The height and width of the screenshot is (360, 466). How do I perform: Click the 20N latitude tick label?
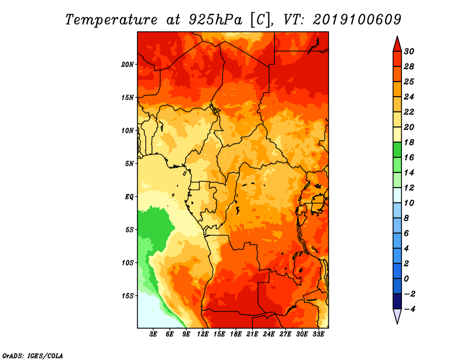click(128, 65)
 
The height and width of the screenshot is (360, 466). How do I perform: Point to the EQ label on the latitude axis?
click(129, 197)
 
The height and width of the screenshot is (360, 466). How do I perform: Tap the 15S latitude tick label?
click(128, 296)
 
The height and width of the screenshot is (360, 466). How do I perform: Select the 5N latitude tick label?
click(129, 164)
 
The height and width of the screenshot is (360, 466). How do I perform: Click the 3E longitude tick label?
click(153, 334)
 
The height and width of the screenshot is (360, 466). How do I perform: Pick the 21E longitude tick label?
click(252, 334)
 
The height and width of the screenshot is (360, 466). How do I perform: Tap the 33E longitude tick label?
click(318, 334)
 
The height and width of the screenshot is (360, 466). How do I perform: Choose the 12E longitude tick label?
click(203, 334)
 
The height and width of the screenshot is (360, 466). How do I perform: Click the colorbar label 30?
click(409, 51)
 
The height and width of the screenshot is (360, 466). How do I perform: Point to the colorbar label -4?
click(409, 309)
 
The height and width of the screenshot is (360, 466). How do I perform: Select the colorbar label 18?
click(409, 142)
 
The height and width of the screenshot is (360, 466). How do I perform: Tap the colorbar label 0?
click(406, 279)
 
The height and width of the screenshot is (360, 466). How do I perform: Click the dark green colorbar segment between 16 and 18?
click(397, 150)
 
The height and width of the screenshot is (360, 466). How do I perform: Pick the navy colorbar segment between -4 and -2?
click(397, 301)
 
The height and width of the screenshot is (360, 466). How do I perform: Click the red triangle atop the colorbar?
click(397, 45)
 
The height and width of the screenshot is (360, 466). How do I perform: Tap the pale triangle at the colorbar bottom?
click(397, 316)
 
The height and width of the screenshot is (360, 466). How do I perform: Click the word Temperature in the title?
click(111, 20)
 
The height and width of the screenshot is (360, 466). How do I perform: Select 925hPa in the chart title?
click(216, 20)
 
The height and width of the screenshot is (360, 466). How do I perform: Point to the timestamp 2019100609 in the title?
click(357, 20)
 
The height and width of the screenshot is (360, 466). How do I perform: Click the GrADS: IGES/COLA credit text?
click(33, 356)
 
